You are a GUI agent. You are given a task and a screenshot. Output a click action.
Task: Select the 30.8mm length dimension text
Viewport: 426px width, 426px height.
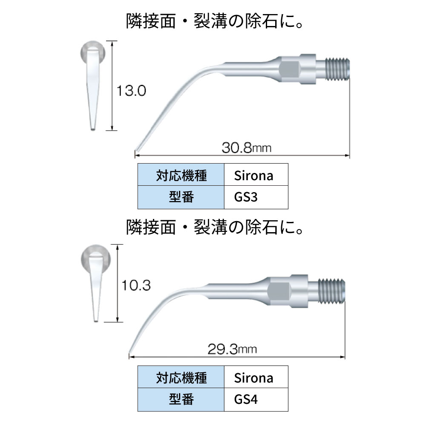point(246,148)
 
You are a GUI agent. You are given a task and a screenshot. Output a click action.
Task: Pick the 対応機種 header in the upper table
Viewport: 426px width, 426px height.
point(181,176)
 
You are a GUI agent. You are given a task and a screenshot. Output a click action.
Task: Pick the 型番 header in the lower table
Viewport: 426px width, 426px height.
point(181,400)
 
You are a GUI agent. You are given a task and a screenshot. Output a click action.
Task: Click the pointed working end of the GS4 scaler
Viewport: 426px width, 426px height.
point(130,351)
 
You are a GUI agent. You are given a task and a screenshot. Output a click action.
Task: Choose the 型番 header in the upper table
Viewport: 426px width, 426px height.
point(181,198)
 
